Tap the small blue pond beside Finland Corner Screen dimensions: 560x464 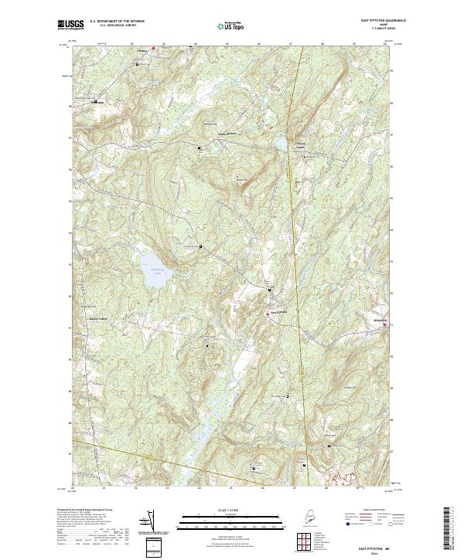coord(282,144)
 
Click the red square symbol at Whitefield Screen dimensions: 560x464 coord(384,325)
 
